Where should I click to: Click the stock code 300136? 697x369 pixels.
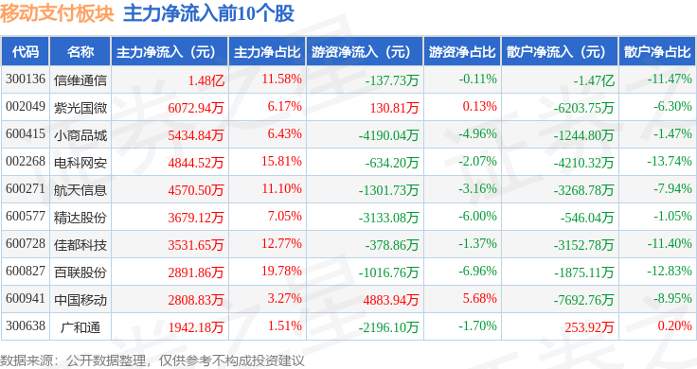[26, 79]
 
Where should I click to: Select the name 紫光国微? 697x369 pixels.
[80, 108]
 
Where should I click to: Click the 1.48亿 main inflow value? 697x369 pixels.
[206, 80]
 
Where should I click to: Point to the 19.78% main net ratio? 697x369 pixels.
[281, 271]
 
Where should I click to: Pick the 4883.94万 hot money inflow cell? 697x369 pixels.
[391, 300]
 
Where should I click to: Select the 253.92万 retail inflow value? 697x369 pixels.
[589, 327]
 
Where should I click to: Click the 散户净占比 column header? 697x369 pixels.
[657, 52]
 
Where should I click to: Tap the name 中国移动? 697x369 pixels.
[80, 300]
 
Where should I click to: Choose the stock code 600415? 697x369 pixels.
[26, 133]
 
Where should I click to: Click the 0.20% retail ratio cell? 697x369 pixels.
[675, 325]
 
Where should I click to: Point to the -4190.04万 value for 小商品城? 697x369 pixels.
[389, 135]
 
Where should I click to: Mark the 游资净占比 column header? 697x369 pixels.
[462, 52]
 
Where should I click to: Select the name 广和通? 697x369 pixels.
[80, 327]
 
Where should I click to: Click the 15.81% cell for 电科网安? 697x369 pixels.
[281, 161]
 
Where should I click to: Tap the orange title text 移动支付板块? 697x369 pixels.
[58, 13]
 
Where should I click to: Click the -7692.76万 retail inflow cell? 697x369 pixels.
[583, 300]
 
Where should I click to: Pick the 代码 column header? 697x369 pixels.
[26, 52]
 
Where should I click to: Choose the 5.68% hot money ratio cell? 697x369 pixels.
[479, 298]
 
